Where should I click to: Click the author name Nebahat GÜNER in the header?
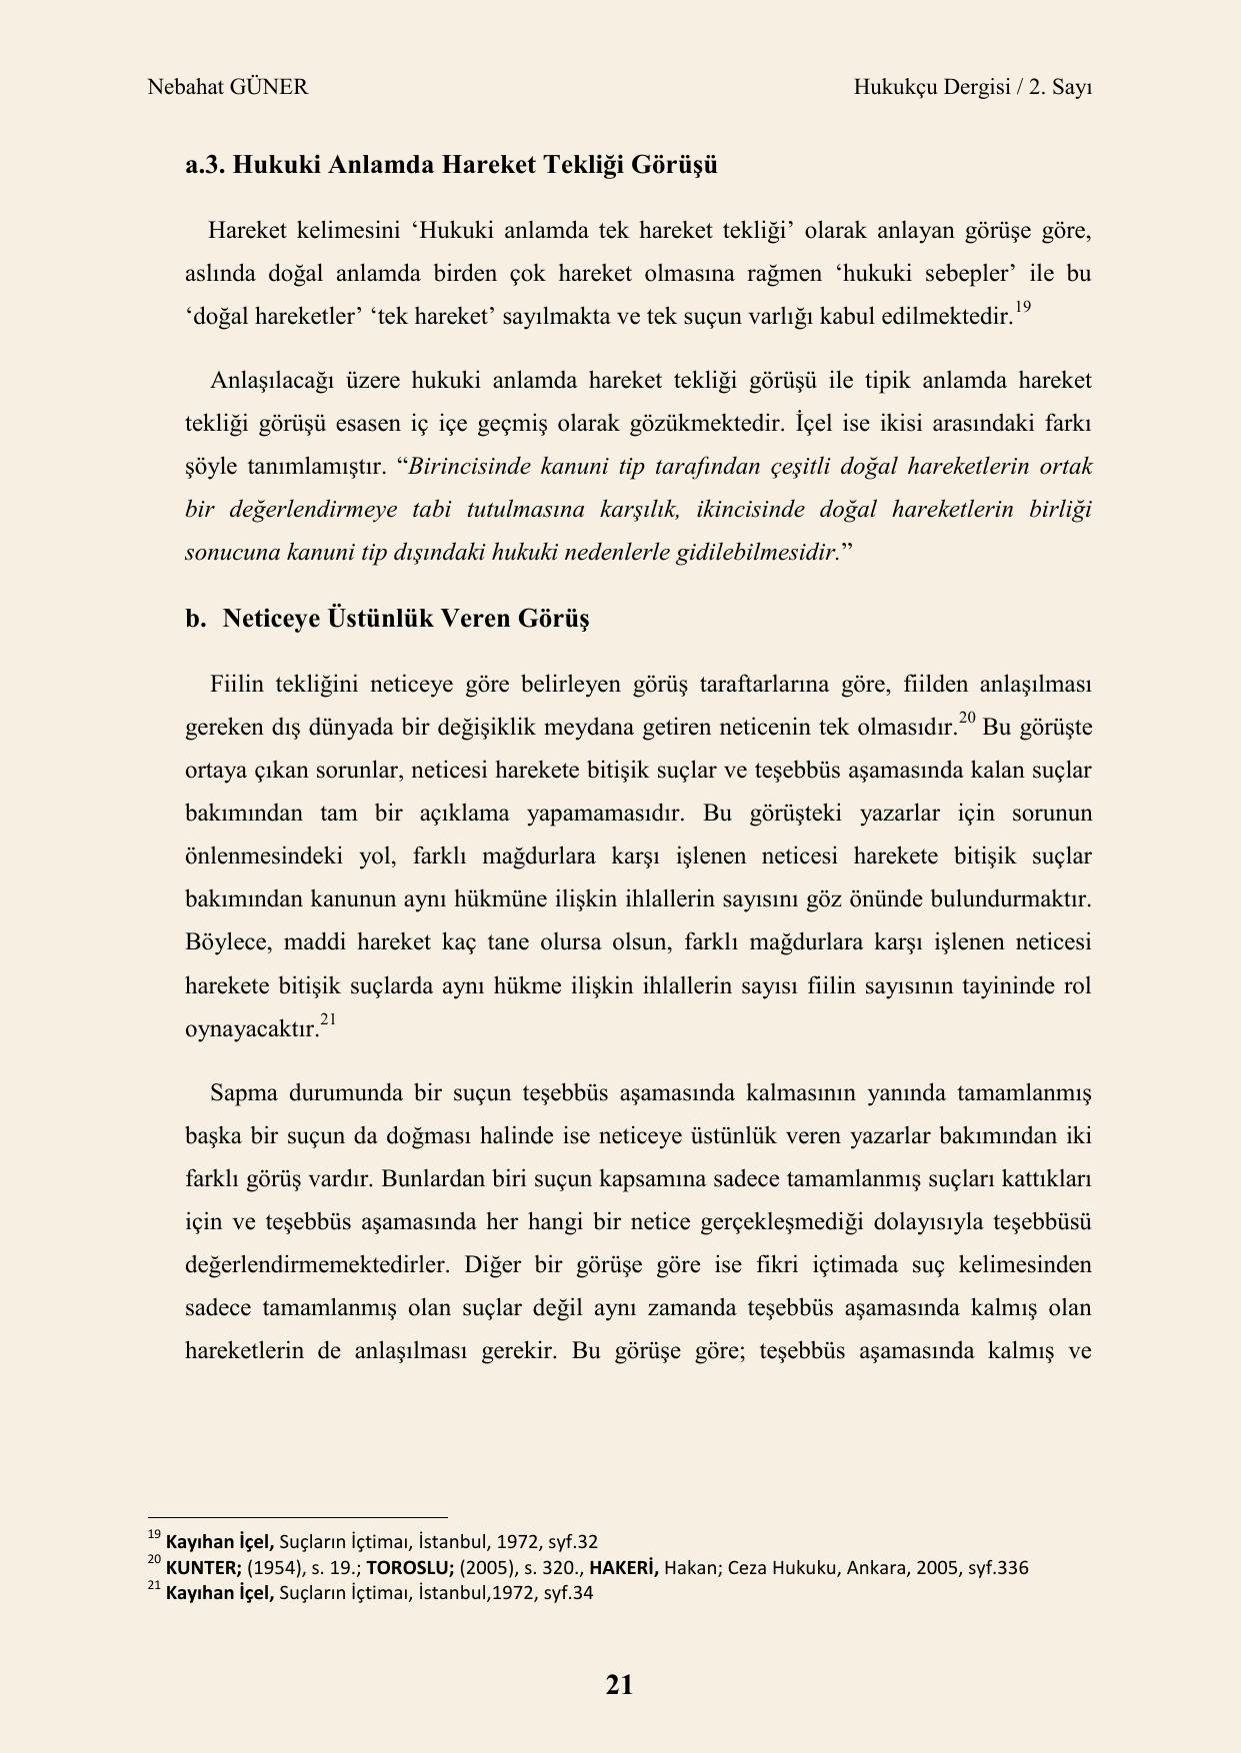click(x=227, y=87)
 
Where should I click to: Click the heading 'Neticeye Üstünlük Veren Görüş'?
click(x=405, y=619)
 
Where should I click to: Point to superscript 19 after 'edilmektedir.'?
click(x=1022, y=309)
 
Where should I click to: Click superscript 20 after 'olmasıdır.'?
click(x=967, y=719)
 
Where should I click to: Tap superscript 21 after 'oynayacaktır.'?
click(x=328, y=1020)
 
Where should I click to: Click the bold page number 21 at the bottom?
click(x=619, y=1685)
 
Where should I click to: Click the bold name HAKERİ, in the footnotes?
click(x=624, y=1567)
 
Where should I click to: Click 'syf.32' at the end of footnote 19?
click(x=572, y=1541)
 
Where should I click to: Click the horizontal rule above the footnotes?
click(x=297, y=1516)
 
